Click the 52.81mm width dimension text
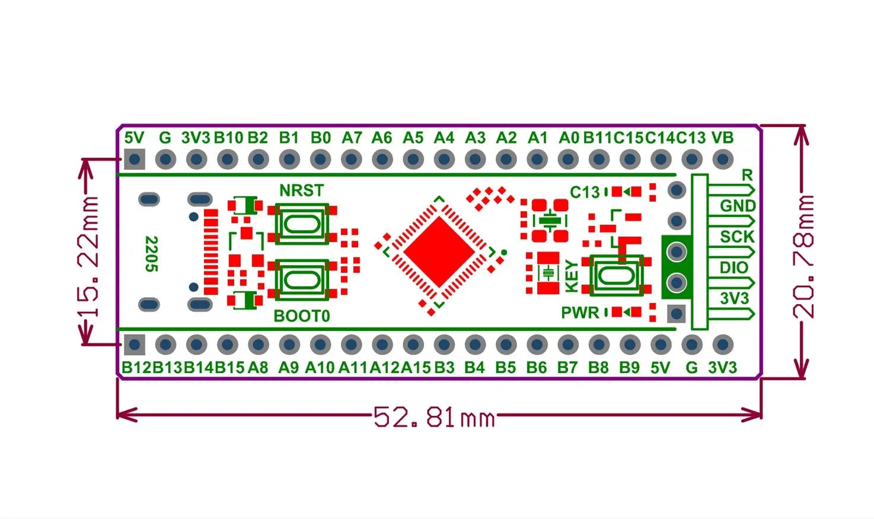434,418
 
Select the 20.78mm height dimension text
804,256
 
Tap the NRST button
302,224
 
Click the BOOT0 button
302,279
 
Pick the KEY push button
617,275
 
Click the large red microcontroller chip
439,251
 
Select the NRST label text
302,190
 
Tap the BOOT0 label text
302,316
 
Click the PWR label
580,313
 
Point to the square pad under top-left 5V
135,159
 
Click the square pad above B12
135,344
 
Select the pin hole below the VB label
722,159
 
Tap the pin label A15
416,368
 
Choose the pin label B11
598,138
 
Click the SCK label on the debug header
737,237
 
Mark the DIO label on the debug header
734,268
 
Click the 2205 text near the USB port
152,254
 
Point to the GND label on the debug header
738,206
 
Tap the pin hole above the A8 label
259,344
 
